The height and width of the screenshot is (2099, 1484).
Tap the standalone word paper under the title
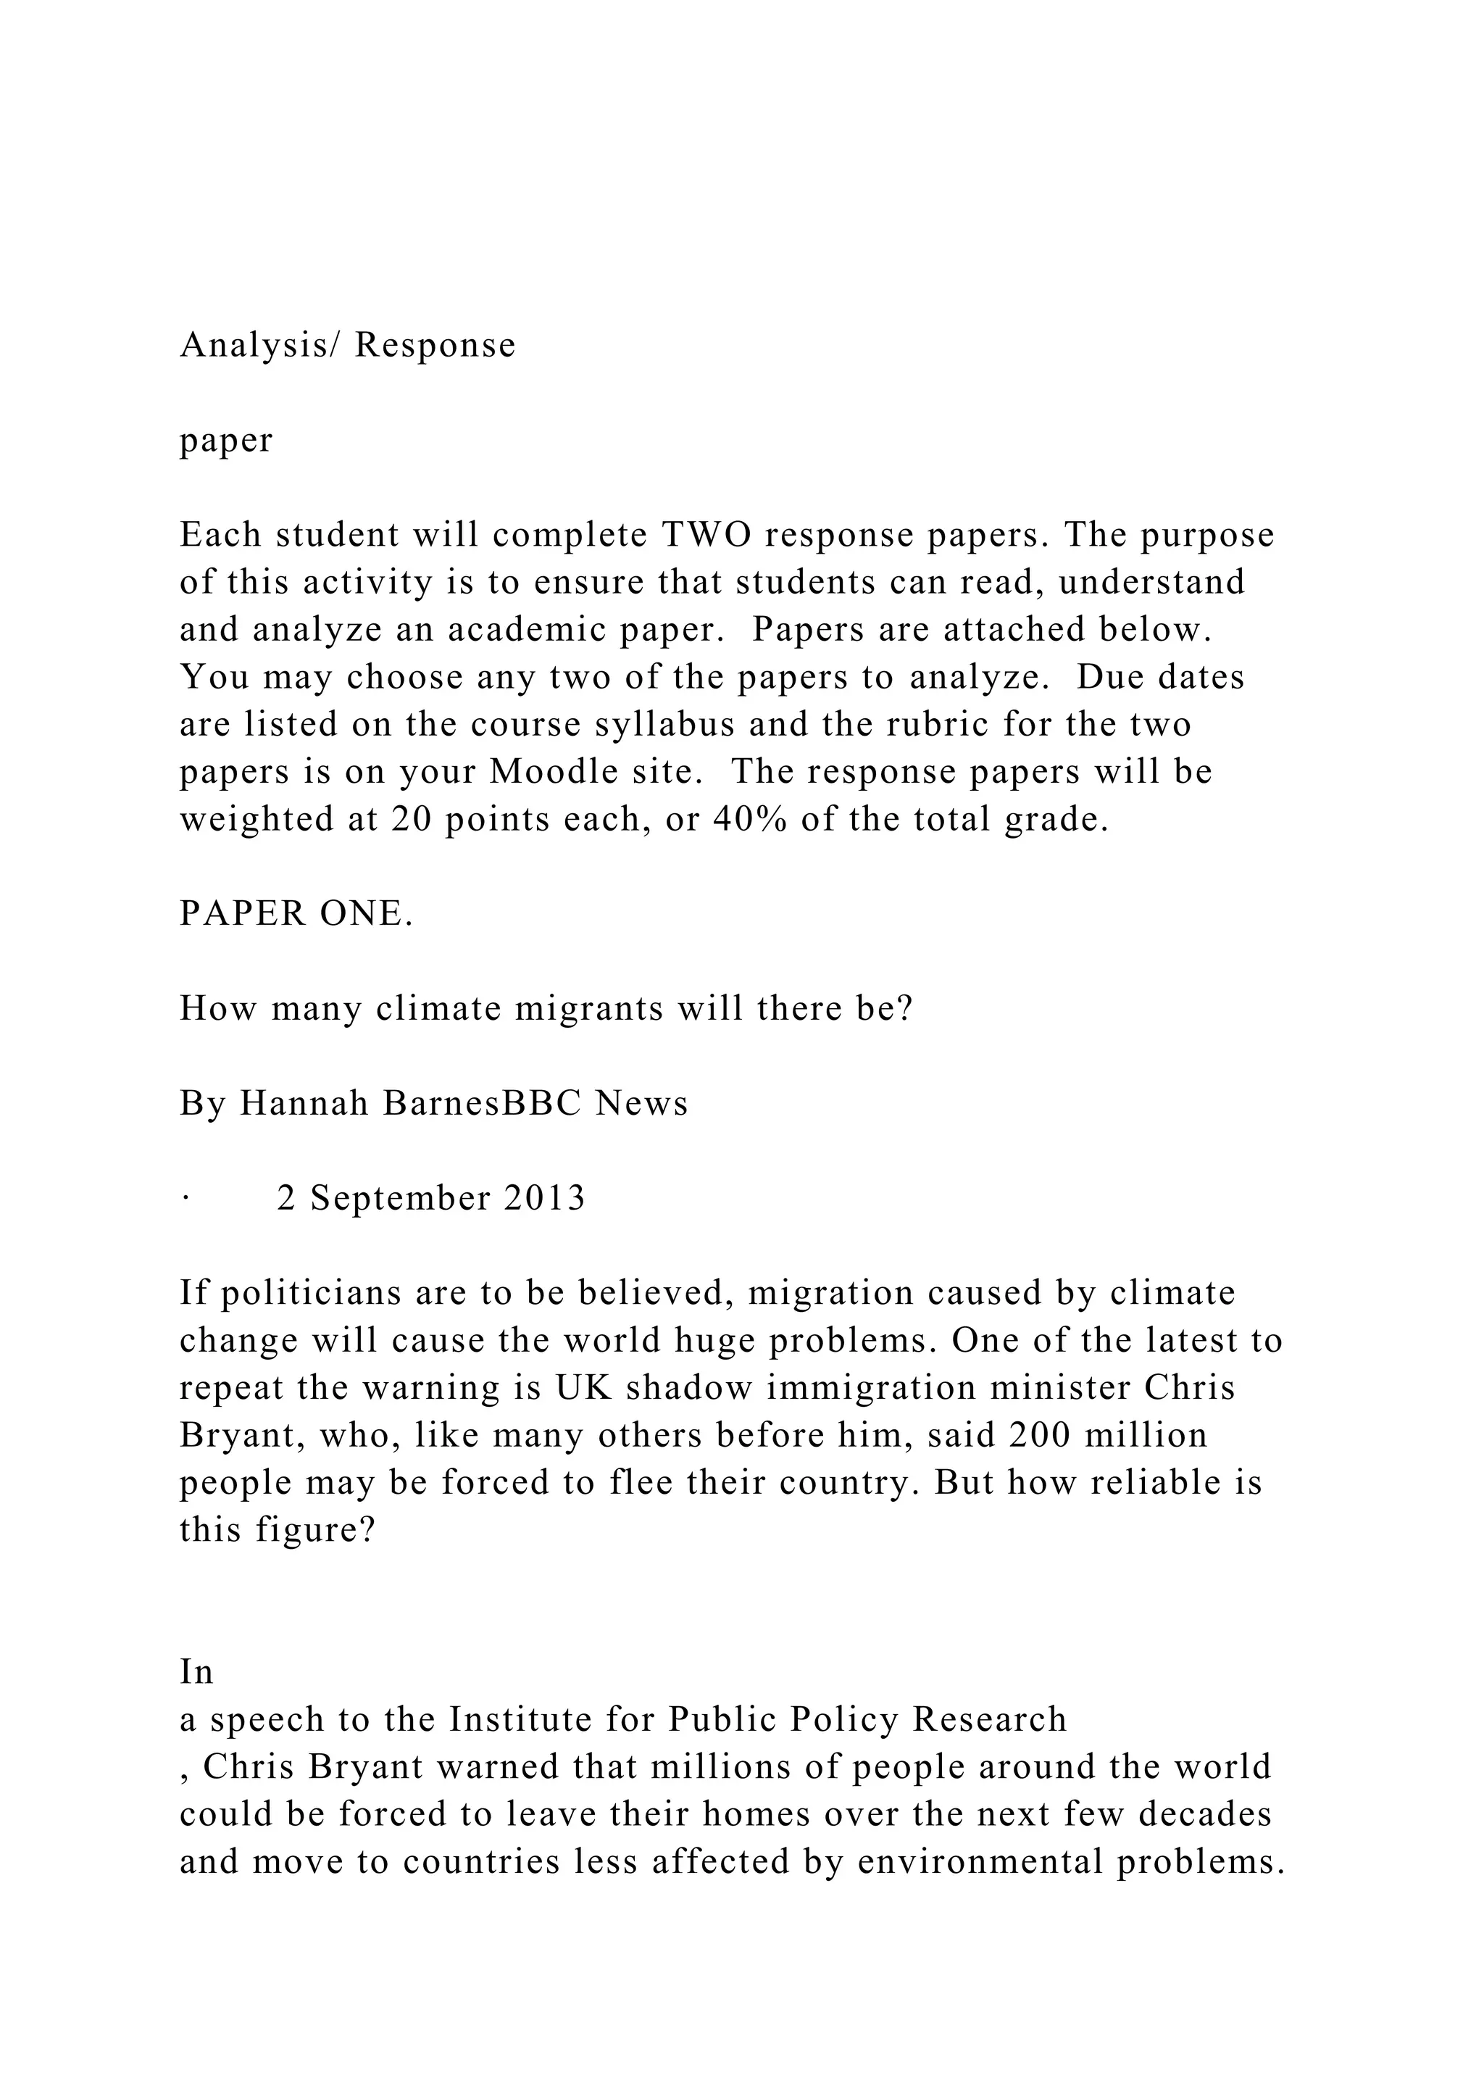[x=225, y=441]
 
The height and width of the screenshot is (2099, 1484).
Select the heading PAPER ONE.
[x=296, y=913]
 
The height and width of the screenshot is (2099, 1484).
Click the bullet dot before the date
[x=185, y=1200]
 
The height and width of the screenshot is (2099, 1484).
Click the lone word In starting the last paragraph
[x=196, y=1672]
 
